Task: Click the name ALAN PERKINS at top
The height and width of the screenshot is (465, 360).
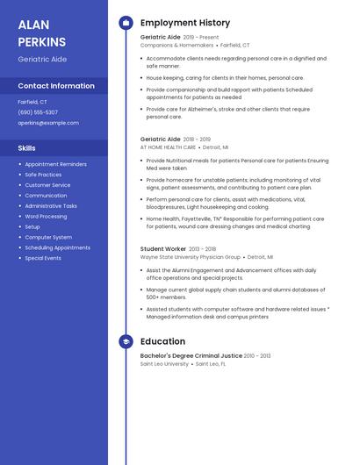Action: click(41, 33)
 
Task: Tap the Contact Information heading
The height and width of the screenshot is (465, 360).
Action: click(56, 86)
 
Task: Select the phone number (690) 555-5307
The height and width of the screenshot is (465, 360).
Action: click(38, 112)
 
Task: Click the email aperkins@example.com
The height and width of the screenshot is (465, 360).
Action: click(48, 123)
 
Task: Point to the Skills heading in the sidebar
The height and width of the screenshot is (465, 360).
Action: click(27, 148)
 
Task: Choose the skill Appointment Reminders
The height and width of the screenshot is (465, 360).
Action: click(55, 164)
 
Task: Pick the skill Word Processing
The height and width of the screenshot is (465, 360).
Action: click(46, 216)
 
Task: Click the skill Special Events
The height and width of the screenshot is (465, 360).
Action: click(43, 258)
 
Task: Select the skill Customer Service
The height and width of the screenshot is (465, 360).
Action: click(47, 185)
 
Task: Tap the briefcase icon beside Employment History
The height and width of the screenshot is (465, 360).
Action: click(126, 23)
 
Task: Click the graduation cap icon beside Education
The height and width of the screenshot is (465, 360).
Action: click(126, 341)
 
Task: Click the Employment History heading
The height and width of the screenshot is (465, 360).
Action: click(185, 23)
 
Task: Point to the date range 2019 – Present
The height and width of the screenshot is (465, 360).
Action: click(201, 38)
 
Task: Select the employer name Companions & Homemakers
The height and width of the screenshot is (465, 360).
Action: click(176, 45)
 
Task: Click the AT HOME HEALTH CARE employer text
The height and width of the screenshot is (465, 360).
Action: click(168, 147)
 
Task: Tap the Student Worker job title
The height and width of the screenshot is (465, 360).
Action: click(163, 249)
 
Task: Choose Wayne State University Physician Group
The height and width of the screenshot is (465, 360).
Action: click(190, 257)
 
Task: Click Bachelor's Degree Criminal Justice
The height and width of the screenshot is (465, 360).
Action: click(191, 355)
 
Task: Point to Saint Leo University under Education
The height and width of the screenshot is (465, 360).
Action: click(164, 363)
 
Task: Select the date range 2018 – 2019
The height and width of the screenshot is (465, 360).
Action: click(197, 139)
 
